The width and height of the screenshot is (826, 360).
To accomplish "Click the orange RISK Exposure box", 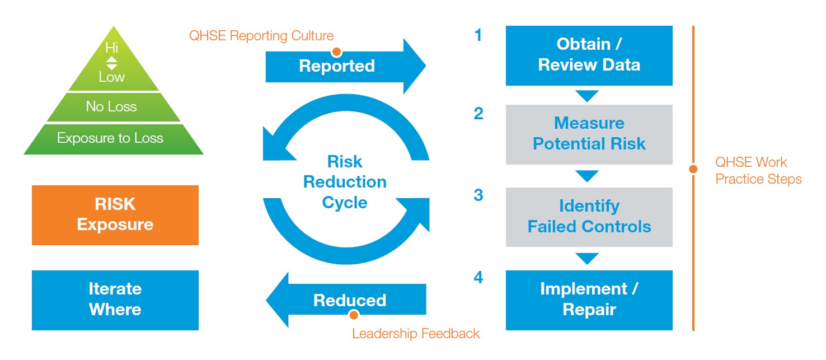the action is tap(115, 215).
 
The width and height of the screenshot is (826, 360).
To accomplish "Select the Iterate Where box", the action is tap(115, 300).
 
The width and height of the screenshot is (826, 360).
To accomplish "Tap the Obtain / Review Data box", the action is tap(589, 55).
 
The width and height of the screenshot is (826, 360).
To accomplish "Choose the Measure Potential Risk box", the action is tap(589, 134).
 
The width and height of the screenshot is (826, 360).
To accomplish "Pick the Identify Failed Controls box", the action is tap(589, 217).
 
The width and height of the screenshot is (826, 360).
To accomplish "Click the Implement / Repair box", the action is tap(589, 300).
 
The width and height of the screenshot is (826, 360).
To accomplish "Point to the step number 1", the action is tap(478, 35).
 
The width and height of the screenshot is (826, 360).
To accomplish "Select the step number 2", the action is tap(478, 114).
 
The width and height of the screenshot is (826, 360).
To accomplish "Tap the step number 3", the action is tap(478, 195).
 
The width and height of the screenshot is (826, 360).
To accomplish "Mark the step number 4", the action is tap(478, 277).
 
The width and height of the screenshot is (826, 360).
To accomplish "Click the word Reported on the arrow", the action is tap(337, 66).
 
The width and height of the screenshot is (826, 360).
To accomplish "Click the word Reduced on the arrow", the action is tap(350, 300).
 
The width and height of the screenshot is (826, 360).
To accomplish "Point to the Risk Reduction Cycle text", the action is tap(345, 182).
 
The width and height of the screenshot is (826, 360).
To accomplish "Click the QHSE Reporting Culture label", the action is tap(261, 36).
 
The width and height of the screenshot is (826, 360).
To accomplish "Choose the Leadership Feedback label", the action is tap(416, 334).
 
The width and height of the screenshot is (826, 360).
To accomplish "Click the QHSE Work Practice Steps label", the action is tap(758, 170).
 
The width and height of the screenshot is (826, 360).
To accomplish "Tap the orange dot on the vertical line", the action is tap(693, 169).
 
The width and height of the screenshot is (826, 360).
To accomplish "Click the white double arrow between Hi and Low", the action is tap(112, 63).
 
